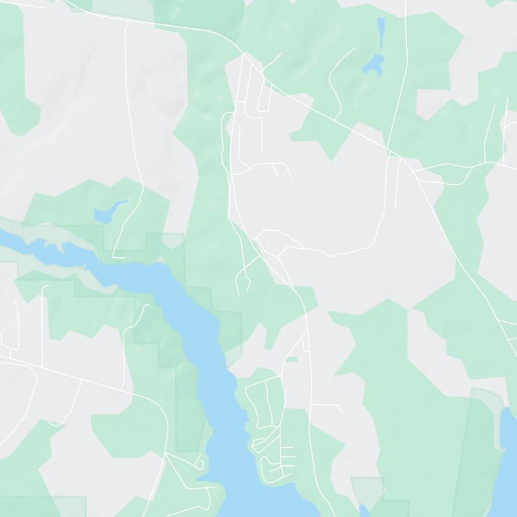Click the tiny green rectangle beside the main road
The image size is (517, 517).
pyautogui.click(x=291, y=359)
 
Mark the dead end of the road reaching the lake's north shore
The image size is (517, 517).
pyautogui.click(x=114, y=257)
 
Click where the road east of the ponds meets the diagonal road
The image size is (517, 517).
pyautogui.click(x=400, y=157)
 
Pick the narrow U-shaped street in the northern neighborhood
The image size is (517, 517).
pyautogui.click(x=265, y=97)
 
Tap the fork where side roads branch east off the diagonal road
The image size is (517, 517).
pyautogui.click(x=417, y=172)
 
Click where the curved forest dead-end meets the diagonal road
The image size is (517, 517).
pyautogui.click(x=337, y=119)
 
